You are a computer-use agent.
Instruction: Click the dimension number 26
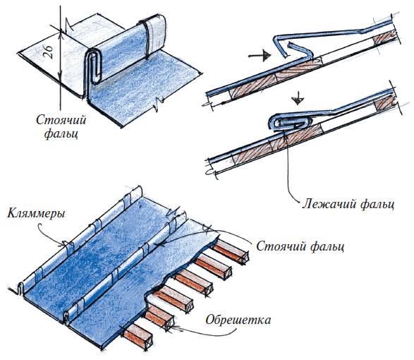50,52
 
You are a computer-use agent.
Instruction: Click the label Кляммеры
36,213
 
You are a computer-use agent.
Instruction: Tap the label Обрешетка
238,320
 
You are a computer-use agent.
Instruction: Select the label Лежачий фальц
348,205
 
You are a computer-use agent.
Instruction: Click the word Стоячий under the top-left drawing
61,120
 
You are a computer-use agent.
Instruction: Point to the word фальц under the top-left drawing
61,133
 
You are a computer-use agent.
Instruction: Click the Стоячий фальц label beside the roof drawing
300,246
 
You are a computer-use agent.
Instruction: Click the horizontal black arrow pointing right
260,56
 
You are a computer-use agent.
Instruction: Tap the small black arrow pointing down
298,98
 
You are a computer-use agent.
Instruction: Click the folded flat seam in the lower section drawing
290,121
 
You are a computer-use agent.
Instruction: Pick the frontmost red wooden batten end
138,337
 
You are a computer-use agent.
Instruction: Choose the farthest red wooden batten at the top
231,251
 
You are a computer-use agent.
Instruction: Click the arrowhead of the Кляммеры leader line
64,244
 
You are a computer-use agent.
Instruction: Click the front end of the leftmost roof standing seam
20,287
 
